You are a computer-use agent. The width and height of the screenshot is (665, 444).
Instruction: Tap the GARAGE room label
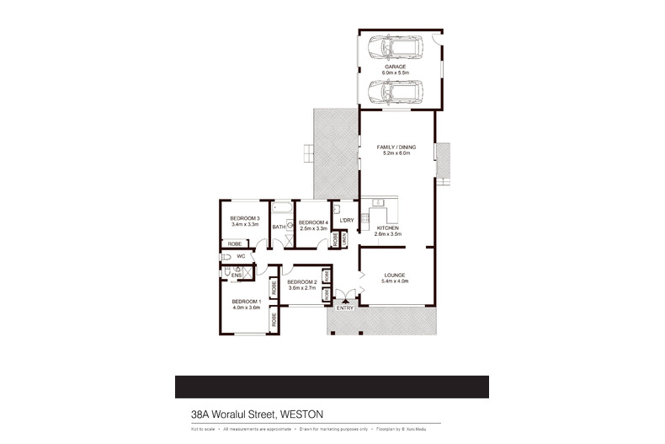(396, 66)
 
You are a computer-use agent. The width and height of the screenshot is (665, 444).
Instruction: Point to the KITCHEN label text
(388, 227)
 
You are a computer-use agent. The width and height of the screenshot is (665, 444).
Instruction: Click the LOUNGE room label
(395, 275)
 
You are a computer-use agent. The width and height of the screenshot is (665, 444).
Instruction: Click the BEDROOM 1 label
(247, 302)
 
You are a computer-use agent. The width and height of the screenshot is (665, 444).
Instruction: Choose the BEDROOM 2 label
(301, 281)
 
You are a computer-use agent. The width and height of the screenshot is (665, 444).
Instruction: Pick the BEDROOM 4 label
(312, 222)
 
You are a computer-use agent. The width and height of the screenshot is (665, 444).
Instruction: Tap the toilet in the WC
(227, 255)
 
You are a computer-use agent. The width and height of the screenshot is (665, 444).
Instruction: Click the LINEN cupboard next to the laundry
(344, 239)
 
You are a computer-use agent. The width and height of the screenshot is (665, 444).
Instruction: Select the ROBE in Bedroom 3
(235, 243)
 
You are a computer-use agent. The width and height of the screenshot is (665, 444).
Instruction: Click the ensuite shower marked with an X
(247, 271)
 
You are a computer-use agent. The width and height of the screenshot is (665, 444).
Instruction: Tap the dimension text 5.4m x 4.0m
(395, 281)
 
